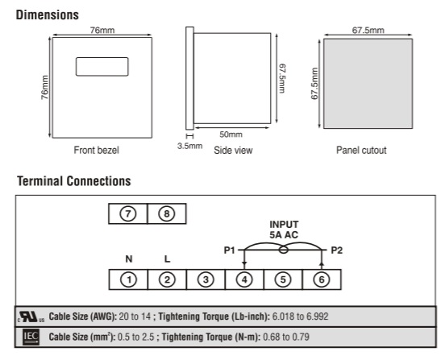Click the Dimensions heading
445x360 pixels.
pos(47,14)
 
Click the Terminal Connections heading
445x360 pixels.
pos(74,181)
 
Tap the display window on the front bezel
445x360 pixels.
pos(102,67)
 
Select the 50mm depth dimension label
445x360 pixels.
pos(231,134)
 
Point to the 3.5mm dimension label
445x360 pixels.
pos(189,146)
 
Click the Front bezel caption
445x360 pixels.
pos(96,150)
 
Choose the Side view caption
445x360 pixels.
pos(233,151)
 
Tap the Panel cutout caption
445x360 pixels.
pos(361,151)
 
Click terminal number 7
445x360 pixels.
pos(128,213)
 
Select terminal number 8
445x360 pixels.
pos(167,213)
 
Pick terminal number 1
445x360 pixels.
pos(128,279)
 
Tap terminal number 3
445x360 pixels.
pos(206,279)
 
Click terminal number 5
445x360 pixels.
pos(283,279)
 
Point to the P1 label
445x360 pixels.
pos(229,250)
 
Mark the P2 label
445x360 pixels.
pos(337,250)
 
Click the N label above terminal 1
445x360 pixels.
pos(129,259)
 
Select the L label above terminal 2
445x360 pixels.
pos(167,259)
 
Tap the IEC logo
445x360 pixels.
pos(31,337)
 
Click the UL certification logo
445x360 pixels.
pos(31,317)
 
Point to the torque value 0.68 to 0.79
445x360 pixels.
pos(286,337)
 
